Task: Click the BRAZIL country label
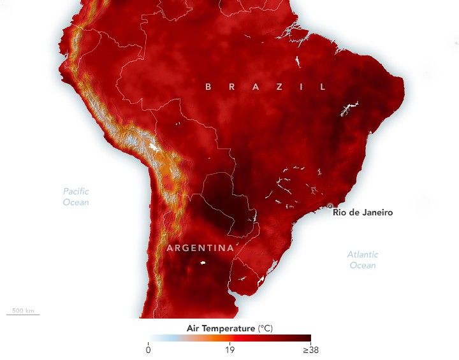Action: pyautogui.click(x=265, y=86)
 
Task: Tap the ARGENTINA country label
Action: pyautogui.click(x=200, y=248)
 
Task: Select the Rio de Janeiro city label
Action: pyautogui.click(x=363, y=213)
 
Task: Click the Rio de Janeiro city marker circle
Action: pyautogui.click(x=330, y=206)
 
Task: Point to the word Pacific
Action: pyautogui.click(x=76, y=191)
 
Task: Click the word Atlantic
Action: pyautogui.click(x=363, y=254)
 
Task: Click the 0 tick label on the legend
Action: pyautogui.click(x=148, y=350)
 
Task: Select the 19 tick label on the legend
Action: pyautogui.click(x=229, y=350)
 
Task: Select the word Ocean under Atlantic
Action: pyautogui.click(x=363, y=265)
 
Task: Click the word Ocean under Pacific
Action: pyautogui.click(x=76, y=202)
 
